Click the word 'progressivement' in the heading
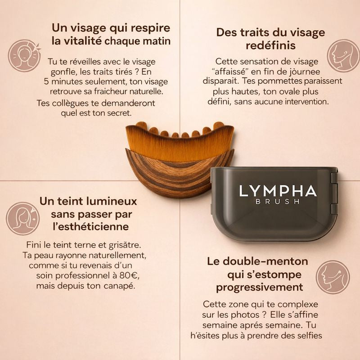(259, 287)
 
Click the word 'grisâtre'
(127, 245)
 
